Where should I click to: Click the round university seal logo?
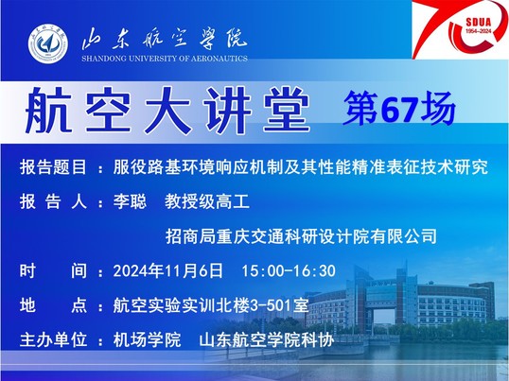(x=48, y=43)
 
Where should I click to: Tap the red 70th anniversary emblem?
(x=461, y=29)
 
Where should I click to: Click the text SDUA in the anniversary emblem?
(x=479, y=23)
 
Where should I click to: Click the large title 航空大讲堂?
(x=167, y=111)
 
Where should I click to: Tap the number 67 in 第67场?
(x=399, y=110)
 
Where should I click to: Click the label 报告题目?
(x=53, y=167)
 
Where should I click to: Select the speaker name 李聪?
(x=130, y=201)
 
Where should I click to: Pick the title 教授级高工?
(x=207, y=201)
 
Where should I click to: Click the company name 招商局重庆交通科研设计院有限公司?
(x=301, y=236)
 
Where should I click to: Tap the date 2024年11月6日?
(x=167, y=270)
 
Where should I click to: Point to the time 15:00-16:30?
(x=289, y=271)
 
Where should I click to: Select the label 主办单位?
(x=53, y=340)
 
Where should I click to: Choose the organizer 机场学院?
(x=147, y=340)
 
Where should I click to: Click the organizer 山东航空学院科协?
(x=267, y=340)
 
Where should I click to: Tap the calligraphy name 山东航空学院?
(x=165, y=40)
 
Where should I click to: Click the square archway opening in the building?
(x=384, y=314)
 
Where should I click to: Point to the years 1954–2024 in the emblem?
(x=479, y=31)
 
